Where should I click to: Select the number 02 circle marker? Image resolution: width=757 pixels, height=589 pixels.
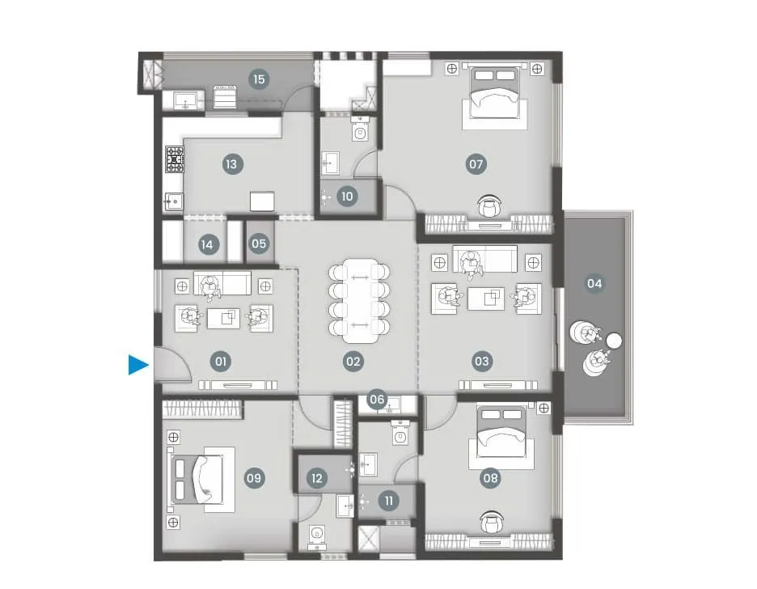click(x=353, y=361)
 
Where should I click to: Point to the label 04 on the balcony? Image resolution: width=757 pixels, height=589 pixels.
click(x=594, y=283)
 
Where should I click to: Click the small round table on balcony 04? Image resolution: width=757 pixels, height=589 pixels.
click(x=614, y=341)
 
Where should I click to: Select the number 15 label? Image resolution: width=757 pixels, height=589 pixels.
click(x=259, y=79)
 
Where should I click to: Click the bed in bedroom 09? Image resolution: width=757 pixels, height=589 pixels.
click(x=197, y=479)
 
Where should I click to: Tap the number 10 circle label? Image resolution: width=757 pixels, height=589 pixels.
click(x=347, y=197)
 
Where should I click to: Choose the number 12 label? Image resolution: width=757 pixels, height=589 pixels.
click(x=316, y=478)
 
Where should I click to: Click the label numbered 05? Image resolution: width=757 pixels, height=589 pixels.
click(x=259, y=243)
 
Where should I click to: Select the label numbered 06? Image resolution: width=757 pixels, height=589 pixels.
click(x=377, y=399)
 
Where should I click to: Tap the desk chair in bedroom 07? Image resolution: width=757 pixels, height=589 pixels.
click(x=489, y=206)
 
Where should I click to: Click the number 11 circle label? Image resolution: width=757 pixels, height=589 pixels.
click(x=389, y=501)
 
